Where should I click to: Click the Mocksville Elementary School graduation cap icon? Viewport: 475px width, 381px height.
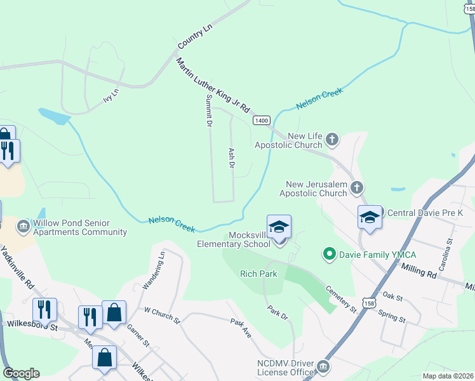[279, 227]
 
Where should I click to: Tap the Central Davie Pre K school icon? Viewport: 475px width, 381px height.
[369, 217]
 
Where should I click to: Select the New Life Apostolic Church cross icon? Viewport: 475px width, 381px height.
[331, 138]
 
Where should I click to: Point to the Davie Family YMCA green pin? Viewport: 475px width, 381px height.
[329, 255]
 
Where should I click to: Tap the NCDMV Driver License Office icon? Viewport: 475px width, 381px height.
[323, 367]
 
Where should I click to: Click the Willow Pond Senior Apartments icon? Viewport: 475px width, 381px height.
[23, 226]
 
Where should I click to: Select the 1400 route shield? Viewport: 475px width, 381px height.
[262, 120]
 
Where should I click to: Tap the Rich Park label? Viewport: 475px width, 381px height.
[258, 274]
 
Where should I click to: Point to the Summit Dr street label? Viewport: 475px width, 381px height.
[208, 110]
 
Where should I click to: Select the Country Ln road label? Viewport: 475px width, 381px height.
[194, 37]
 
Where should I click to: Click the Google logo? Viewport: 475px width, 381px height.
[21, 373]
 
